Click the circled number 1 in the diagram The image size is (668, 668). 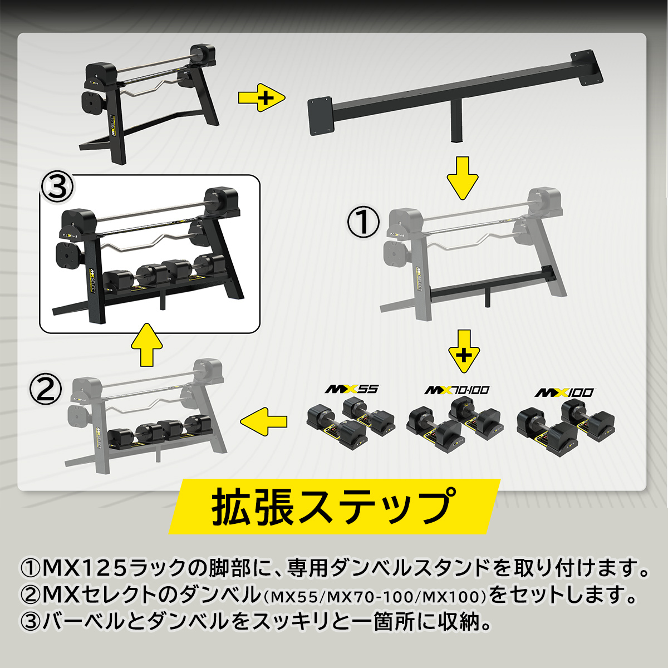[x=364, y=222]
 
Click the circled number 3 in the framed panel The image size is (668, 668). [x=57, y=188]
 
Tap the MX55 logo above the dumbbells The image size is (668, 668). [x=351, y=389]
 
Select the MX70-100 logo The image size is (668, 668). [x=457, y=390]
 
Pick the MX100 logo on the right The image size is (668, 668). [x=564, y=393]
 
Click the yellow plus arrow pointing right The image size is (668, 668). [x=262, y=98]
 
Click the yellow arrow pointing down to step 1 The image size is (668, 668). [x=463, y=178]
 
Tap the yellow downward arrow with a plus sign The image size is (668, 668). [x=464, y=351]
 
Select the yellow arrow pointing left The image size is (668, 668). [x=263, y=421]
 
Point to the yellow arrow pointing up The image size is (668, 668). [x=146, y=345]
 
